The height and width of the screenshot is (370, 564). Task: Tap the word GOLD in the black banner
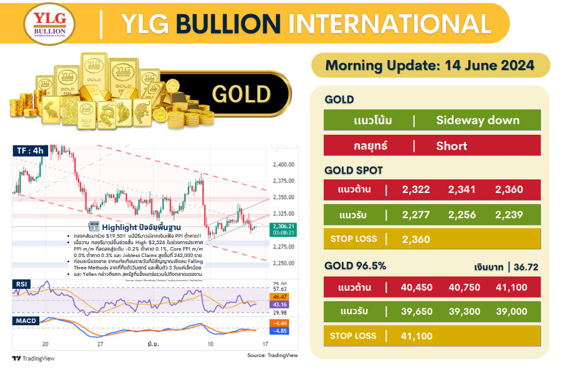coord(241,94)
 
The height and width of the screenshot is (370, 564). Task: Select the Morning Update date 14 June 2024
coord(429,65)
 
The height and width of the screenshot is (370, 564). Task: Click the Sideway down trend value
coord(478,121)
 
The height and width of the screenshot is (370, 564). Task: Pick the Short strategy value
coord(451,145)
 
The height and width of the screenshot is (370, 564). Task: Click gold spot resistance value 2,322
coord(417,190)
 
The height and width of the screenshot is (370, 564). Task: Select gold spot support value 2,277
coord(417,215)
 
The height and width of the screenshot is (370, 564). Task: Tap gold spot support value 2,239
coord(509,215)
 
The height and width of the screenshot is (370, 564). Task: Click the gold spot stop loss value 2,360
coord(417,239)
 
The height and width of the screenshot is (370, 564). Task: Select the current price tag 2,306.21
coord(284,226)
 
